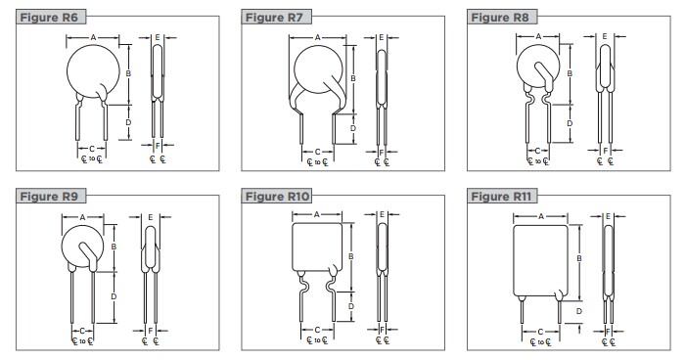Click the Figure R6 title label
[x=49, y=18]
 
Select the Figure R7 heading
[x=275, y=18]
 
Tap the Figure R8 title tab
[x=500, y=18]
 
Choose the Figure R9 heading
[x=49, y=197]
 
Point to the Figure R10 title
[x=277, y=197]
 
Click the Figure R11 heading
[x=501, y=197]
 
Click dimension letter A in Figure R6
[x=93, y=38]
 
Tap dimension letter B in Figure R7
[x=353, y=78]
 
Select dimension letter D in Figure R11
[x=579, y=311]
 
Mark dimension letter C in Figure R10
[x=318, y=330]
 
